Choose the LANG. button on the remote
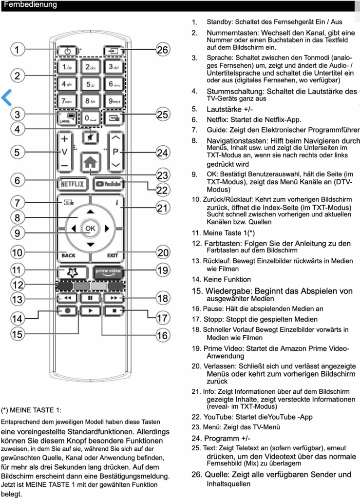pos(68,118)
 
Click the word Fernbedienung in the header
pos(30,5)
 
